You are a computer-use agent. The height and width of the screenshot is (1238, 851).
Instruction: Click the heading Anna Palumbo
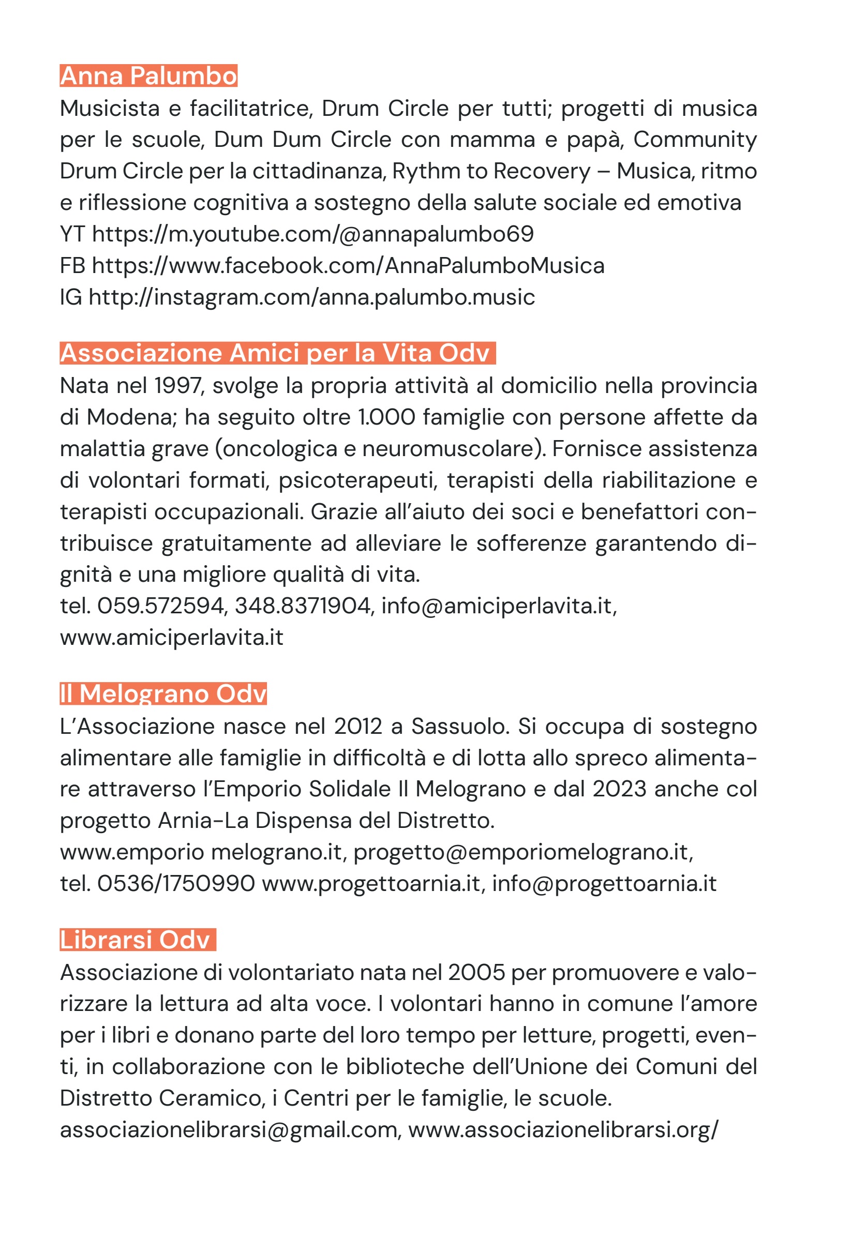[x=148, y=76]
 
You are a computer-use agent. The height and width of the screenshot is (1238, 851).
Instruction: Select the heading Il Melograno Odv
[x=163, y=693]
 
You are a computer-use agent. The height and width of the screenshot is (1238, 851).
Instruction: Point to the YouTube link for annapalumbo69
[x=312, y=234]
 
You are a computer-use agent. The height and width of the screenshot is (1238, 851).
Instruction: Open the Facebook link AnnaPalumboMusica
[x=348, y=265]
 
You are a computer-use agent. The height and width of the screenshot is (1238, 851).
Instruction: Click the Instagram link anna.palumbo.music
[x=311, y=297]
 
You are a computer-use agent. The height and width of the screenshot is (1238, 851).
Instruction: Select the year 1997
[x=178, y=385]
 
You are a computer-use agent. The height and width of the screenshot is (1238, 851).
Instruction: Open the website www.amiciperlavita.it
[x=172, y=637]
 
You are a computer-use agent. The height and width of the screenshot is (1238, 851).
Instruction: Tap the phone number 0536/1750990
[x=176, y=883]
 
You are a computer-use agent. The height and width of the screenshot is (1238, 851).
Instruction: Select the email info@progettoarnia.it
[x=604, y=883]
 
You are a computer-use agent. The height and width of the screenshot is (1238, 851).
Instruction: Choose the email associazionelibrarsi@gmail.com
[x=229, y=1129]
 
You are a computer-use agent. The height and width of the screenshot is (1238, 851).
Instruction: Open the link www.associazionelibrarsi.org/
[x=563, y=1129]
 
